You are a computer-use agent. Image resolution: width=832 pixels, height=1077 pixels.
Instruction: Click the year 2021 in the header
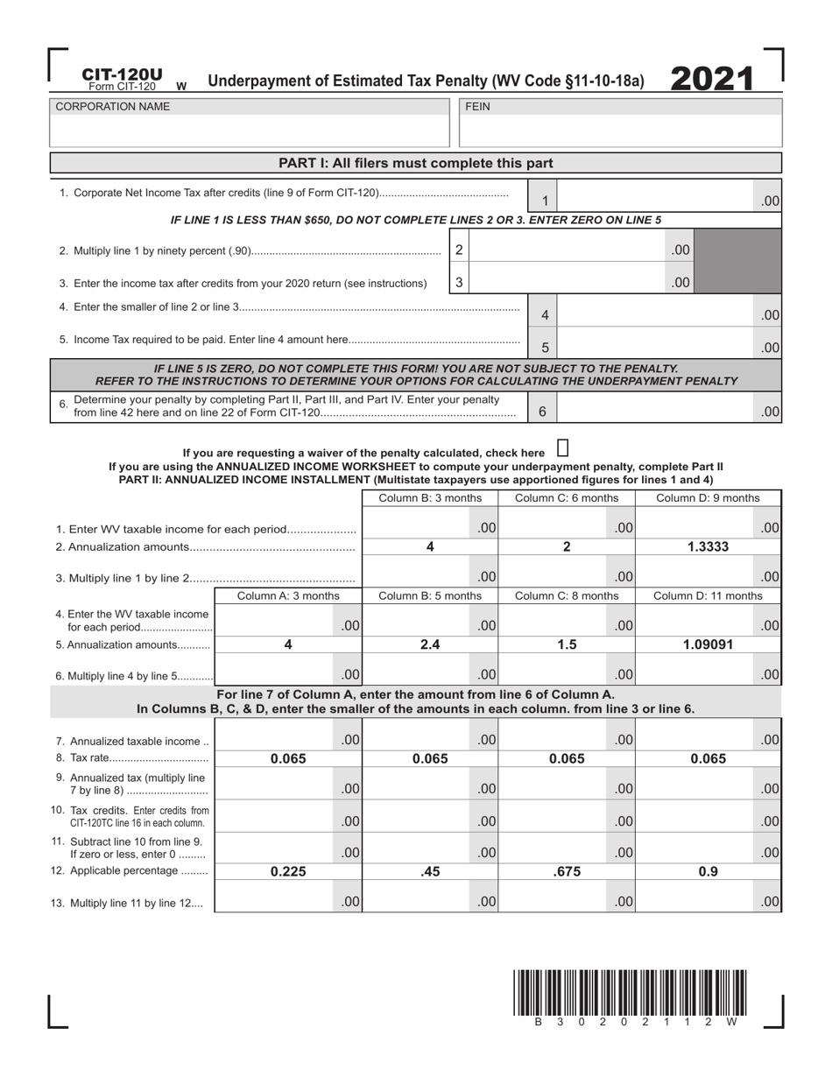pyautogui.click(x=712, y=79)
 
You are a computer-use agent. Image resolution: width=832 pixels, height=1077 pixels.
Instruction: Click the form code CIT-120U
pyautogui.click(x=122, y=75)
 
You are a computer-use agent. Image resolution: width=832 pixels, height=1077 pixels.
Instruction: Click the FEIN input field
pyautogui.click(x=620, y=131)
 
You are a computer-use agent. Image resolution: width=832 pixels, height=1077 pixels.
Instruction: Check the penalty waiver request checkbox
pyautogui.click(x=562, y=448)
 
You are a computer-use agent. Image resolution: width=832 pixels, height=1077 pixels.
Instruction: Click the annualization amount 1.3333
pyautogui.click(x=708, y=546)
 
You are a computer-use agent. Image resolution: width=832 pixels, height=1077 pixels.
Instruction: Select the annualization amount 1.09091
pyautogui.click(x=708, y=644)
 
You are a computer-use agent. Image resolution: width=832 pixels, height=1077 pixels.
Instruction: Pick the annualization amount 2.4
pyautogui.click(x=430, y=644)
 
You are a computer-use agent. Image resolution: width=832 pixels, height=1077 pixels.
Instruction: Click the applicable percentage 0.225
pyautogui.click(x=288, y=871)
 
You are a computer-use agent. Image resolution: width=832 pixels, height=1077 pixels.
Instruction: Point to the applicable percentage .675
pyautogui.click(x=567, y=871)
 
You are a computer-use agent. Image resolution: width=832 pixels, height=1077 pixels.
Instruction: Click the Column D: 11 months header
pyautogui.click(x=708, y=596)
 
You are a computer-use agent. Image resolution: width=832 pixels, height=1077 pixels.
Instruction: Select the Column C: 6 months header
pyautogui.click(x=567, y=498)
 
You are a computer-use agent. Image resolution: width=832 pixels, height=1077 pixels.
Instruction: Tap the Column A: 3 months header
pyautogui.click(x=288, y=596)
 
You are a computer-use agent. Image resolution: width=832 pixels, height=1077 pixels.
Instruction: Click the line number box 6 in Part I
pyautogui.click(x=542, y=411)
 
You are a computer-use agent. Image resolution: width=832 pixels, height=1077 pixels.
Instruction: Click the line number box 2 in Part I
pyautogui.click(x=459, y=250)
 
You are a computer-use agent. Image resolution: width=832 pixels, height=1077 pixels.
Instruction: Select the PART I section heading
pyautogui.click(x=415, y=163)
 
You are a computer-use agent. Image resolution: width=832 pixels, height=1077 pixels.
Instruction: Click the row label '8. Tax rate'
pyautogui.click(x=130, y=758)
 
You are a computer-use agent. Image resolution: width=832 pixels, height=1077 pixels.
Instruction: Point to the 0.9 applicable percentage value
pyautogui.click(x=708, y=871)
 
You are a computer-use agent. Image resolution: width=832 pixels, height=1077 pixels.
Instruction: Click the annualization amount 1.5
pyautogui.click(x=567, y=644)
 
